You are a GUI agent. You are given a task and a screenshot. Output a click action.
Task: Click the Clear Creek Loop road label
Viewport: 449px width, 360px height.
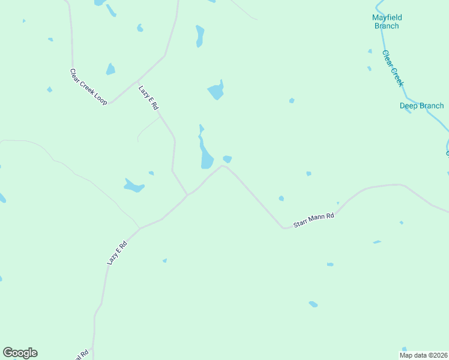click(x=88, y=87)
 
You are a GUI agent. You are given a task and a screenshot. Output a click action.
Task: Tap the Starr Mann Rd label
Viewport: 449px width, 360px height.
click(x=313, y=220)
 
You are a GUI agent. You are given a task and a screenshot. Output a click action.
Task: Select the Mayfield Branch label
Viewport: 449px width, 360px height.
click(x=385, y=22)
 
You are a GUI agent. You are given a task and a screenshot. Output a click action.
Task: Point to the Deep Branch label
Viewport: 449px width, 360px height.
click(x=421, y=106)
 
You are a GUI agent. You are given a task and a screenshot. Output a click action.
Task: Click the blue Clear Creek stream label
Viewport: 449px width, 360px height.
click(x=393, y=68)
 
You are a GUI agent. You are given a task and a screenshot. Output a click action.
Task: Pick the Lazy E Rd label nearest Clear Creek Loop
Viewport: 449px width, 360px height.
click(x=148, y=97)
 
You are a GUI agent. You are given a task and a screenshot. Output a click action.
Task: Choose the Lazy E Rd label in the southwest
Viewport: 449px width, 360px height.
click(x=118, y=253)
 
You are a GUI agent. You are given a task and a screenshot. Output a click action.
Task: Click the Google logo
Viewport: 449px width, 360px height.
click(x=20, y=353)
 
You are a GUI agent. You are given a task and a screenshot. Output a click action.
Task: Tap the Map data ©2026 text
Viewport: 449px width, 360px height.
click(x=424, y=355)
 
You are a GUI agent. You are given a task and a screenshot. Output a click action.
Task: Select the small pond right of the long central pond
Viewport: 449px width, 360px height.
click(x=228, y=159)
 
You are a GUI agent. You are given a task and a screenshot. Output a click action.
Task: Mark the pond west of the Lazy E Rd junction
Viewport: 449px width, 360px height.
click(x=134, y=186)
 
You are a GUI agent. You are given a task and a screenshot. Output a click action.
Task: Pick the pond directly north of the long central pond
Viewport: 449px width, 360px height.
click(x=216, y=91)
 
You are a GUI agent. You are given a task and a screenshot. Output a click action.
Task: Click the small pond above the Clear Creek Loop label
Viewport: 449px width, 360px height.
click(x=110, y=69)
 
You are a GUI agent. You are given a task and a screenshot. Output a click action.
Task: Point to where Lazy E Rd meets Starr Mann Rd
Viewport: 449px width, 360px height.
click(x=187, y=194)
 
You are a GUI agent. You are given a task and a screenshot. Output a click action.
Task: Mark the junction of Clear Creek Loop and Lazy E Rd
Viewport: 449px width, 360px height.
click(x=138, y=81)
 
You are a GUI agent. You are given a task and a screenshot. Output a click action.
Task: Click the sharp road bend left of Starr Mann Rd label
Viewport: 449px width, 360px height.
click(x=283, y=228)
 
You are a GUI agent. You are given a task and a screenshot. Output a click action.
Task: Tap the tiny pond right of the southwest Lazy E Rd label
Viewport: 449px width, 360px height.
click(x=164, y=260)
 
